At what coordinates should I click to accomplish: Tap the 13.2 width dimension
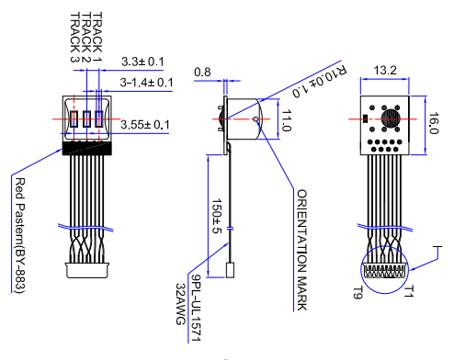[x=384, y=71]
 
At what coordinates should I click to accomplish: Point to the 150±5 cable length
[x=217, y=215]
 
